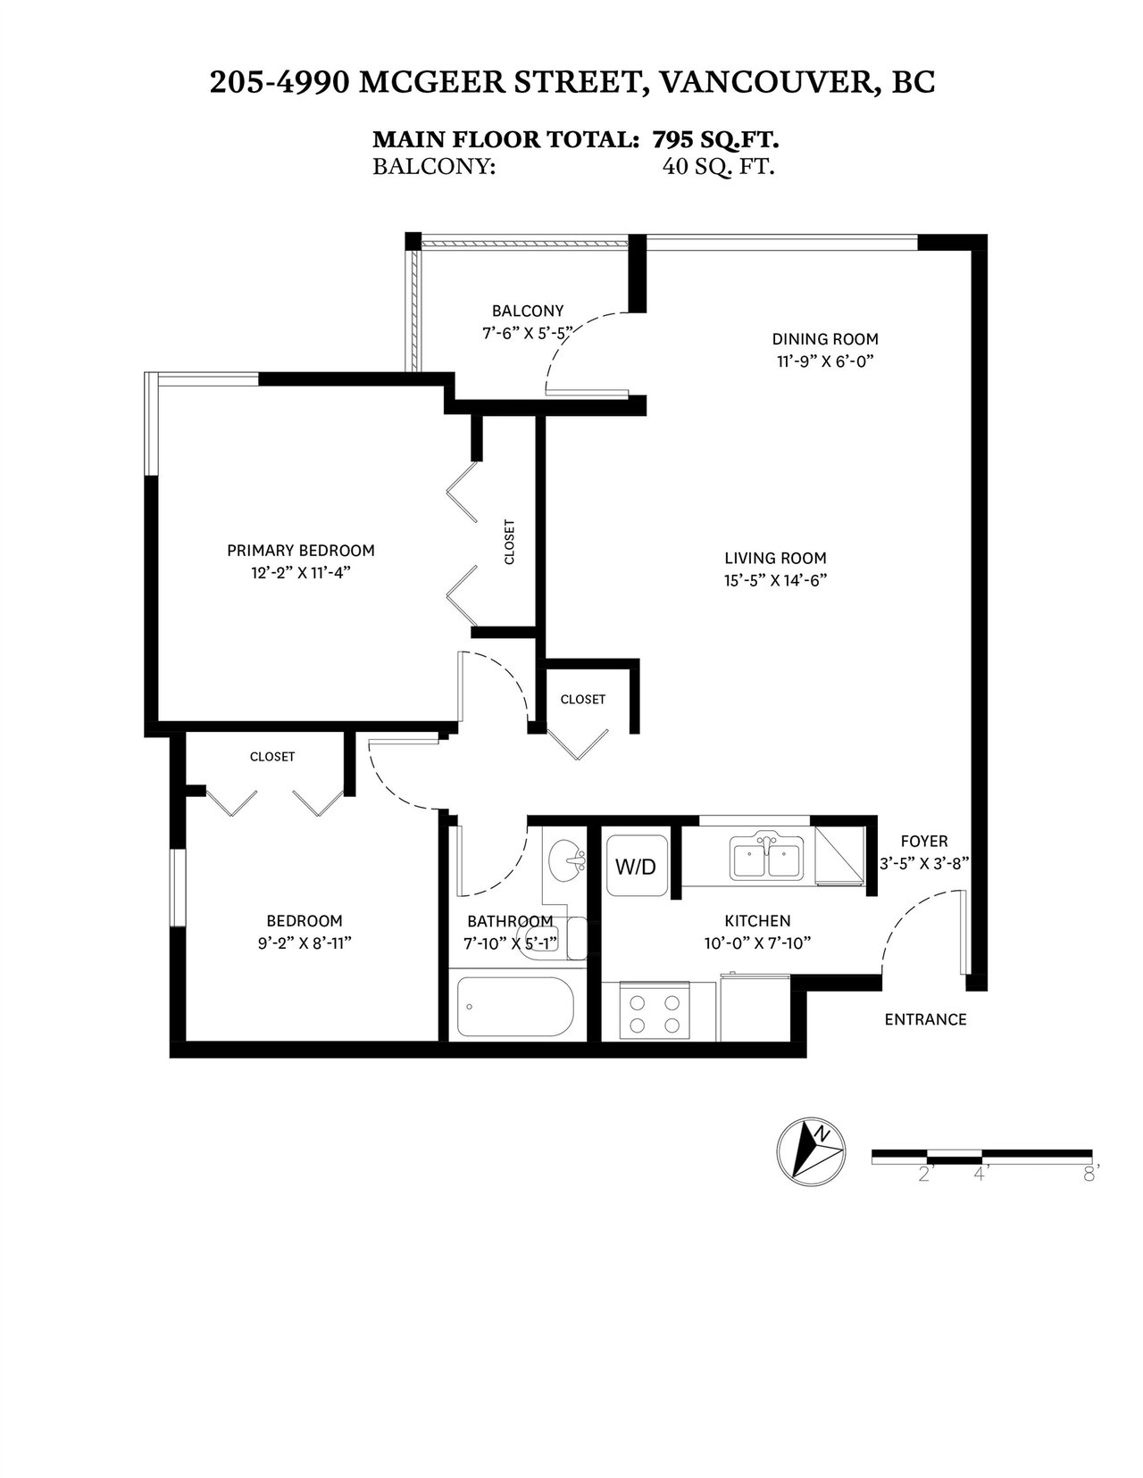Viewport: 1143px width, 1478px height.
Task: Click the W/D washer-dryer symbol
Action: pyautogui.click(x=637, y=865)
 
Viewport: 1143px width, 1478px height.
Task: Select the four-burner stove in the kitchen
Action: pyautogui.click(x=655, y=1011)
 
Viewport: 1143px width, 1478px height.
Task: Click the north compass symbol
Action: pyautogui.click(x=811, y=1152)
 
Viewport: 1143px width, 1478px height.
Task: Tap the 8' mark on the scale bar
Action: pyautogui.click(x=1091, y=1174)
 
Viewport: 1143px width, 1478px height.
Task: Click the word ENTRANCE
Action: pyautogui.click(x=925, y=1019)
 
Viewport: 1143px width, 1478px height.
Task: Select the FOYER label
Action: pyautogui.click(x=924, y=842)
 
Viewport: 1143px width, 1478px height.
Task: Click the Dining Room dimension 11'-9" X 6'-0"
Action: pyautogui.click(x=824, y=361)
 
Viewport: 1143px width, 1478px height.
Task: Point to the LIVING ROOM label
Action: pyautogui.click(x=775, y=559)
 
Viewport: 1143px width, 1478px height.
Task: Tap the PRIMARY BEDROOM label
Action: pyautogui.click(x=301, y=551)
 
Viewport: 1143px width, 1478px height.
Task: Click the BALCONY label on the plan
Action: pyautogui.click(x=528, y=311)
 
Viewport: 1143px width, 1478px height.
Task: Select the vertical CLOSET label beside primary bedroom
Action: pyautogui.click(x=510, y=542)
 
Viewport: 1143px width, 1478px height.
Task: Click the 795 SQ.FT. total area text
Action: pyautogui.click(x=716, y=139)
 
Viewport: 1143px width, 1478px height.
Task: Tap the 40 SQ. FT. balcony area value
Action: pyautogui.click(x=719, y=167)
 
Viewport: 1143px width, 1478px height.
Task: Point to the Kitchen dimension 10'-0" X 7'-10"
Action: pyautogui.click(x=757, y=943)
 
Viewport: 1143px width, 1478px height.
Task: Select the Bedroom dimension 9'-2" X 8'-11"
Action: pyautogui.click(x=305, y=943)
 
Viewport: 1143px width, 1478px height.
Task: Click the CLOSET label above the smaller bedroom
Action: pyautogui.click(x=272, y=756)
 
